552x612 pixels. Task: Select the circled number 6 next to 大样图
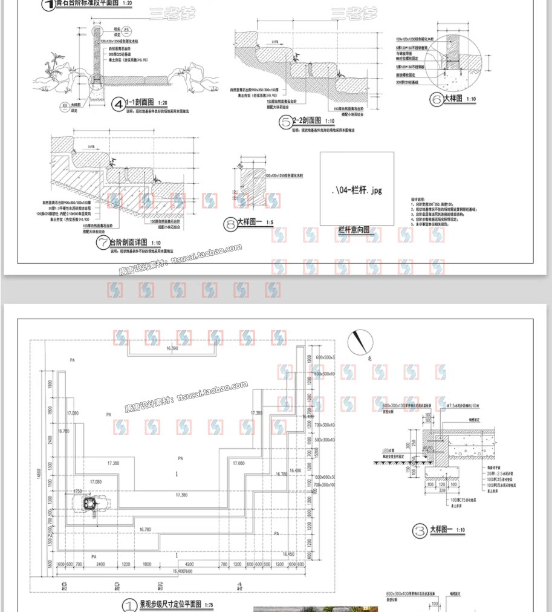click(436, 100)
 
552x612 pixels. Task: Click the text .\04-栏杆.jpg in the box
click(357, 190)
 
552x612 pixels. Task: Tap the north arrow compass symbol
click(357, 341)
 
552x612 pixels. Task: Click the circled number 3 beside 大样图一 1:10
click(420, 532)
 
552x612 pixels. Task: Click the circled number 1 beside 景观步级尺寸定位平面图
click(129, 605)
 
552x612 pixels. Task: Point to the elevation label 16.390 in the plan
click(172, 349)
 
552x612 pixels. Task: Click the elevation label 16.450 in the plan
click(288, 554)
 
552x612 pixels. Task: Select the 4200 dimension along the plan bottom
click(189, 564)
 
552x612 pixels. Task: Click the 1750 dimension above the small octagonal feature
click(78, 492)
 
